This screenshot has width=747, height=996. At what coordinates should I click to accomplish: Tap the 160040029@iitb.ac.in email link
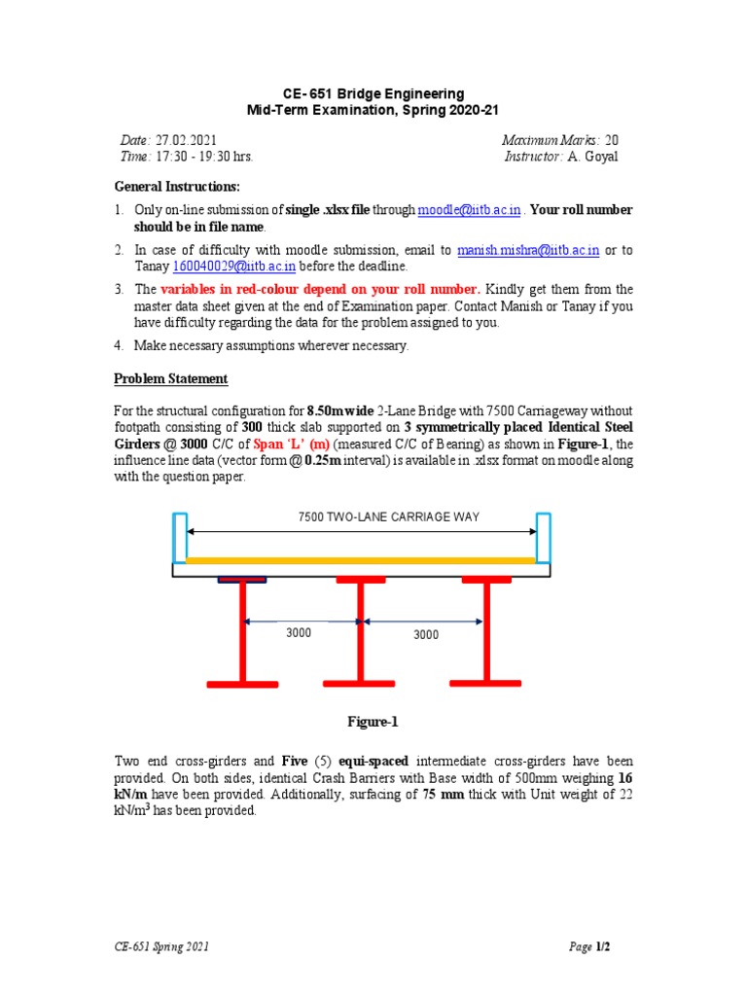(x=234, y=266)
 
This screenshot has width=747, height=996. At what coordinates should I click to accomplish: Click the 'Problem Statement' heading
(x=171, y=378)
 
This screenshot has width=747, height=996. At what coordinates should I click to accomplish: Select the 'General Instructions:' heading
(x=176, y=186)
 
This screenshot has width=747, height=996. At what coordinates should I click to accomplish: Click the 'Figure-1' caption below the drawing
(x=373, y=722)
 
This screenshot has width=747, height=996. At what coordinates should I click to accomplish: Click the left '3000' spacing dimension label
(x=299, y=633)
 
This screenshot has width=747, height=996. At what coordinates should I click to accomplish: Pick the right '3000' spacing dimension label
(x=426, y=634)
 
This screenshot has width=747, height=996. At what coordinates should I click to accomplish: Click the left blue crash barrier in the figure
(x=180, y=536)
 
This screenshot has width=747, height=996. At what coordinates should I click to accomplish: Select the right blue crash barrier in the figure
(x=544, y=536)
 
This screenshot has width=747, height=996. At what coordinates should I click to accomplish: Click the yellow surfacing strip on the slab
(x=361, y=560)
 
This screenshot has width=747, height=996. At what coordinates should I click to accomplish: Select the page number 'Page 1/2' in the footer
(x=596, y=946)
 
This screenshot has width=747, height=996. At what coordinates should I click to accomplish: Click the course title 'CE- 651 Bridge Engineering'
(x=373, y=94)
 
